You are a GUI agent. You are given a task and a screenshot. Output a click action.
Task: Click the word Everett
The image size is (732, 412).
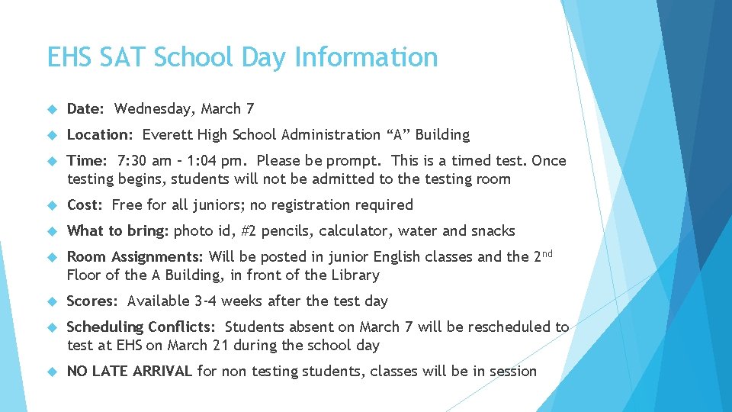(167, 135)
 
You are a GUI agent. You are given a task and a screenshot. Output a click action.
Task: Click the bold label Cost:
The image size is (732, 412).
(86, 205)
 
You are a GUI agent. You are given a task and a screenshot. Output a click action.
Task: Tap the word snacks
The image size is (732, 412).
(492, 231)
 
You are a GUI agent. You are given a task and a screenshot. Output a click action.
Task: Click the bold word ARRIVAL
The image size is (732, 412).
(162, 372)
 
